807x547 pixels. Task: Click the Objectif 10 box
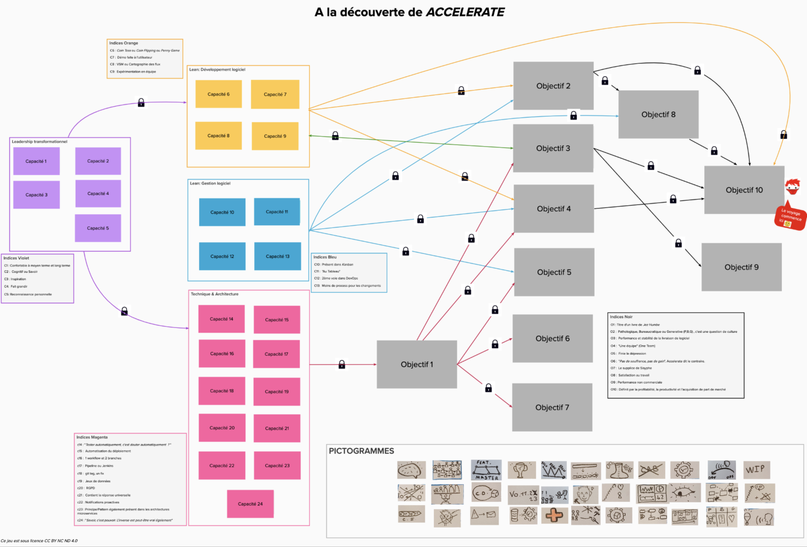pos(744,190)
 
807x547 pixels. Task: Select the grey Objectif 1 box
pos(417,364)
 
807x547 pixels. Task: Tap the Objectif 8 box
pos(658,115)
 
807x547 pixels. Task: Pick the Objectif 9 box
pos(741,267)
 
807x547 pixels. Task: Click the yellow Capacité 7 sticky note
pos(275,95)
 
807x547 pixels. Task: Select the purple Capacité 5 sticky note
pos(98,228)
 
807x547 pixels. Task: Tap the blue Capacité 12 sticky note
pos(222,256)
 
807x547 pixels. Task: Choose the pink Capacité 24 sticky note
pos(250,504)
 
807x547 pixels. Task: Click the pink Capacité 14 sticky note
pos(221,319)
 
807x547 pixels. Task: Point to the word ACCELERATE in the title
pos(465,12)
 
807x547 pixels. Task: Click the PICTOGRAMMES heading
pos(361,451)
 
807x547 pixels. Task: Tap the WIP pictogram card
pos(757,469)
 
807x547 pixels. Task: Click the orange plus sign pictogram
pos(554,515)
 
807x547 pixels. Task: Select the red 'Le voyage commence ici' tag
pos(789,216)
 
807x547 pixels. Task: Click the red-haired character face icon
pos(792,187)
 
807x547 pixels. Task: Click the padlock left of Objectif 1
pos(342,364)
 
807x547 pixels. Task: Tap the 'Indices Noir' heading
pos(621,317)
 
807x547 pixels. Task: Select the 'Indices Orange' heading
pos(123,43)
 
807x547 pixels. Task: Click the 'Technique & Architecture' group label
pos(214,294)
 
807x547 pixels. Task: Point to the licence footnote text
pos(39,541)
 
